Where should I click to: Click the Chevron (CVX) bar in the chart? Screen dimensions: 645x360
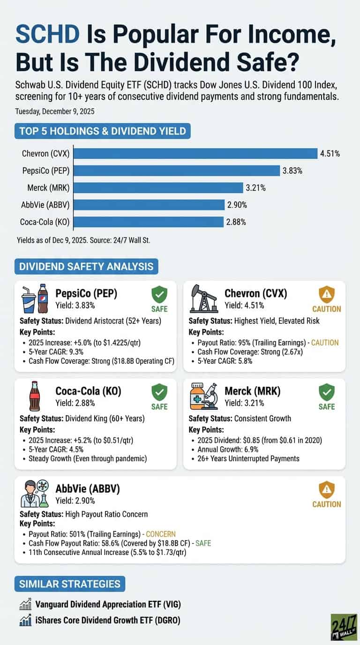click(195, 153)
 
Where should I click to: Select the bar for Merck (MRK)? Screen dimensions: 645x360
click(158, 188)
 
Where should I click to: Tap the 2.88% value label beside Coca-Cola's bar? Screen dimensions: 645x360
click(236, 222)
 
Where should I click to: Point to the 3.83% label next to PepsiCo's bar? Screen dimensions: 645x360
click(292, 171)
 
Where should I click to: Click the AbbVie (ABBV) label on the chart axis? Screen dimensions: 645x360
click(45, 205)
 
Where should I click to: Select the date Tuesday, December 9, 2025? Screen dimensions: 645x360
click(54, 111)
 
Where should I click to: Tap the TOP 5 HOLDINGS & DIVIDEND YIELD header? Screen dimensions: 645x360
click(102, 131)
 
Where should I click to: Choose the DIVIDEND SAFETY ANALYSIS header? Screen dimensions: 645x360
click(86, 266)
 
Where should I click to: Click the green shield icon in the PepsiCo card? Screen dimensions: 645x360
click(159, 295)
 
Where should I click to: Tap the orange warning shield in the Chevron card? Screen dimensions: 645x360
click(327, 294)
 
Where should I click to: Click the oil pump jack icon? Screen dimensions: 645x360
click(203, 299)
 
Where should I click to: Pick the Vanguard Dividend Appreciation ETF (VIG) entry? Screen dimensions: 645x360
click(108, 605)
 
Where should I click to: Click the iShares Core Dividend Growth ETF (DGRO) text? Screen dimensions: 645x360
click(108, 620)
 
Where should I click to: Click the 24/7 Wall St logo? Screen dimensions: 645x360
click(344, 627)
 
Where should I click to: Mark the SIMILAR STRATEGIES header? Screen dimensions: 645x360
click(69, 584)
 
